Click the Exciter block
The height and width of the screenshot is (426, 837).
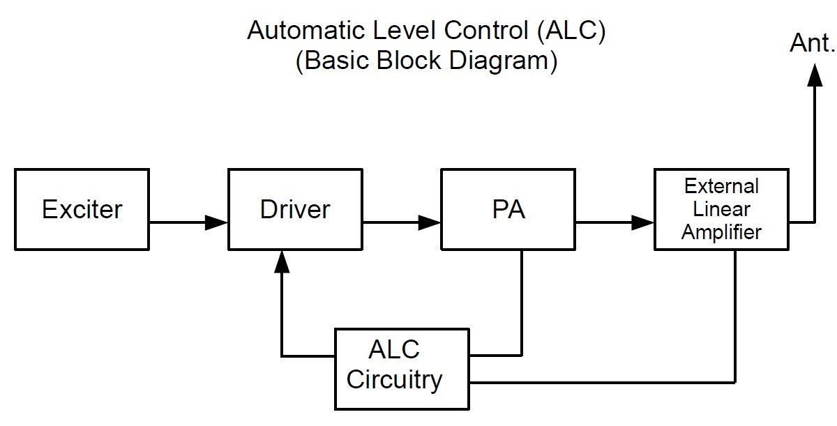pos(82,209)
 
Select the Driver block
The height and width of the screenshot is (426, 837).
pos(295,209)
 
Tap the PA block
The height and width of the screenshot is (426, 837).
pos(508,209)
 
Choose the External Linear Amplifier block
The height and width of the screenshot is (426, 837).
pos(721,209)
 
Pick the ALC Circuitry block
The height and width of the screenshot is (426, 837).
pos(402,367)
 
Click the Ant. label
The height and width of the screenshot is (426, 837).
pos(811,44)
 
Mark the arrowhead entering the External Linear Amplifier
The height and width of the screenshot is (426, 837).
pos(643,223)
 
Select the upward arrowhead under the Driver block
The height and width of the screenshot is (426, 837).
pos(281,261)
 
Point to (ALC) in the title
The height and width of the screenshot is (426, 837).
pos(577,31)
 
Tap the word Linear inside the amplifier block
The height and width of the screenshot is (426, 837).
pos(721,209)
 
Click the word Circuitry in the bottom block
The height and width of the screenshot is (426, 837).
pos(395,380)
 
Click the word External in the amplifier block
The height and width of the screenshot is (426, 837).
pos(721,187)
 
